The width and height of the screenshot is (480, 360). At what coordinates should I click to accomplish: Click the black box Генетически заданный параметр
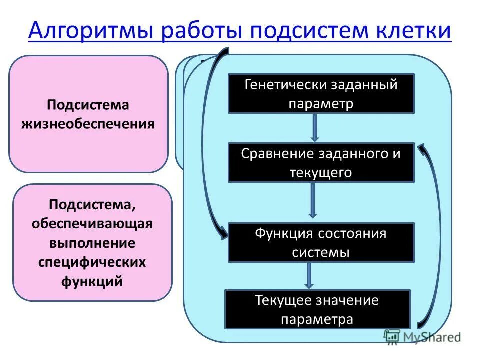pos(321,94)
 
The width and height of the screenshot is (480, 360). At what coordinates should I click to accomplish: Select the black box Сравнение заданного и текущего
pos(321,163)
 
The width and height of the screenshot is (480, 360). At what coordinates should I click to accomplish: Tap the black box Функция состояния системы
pos(321,243)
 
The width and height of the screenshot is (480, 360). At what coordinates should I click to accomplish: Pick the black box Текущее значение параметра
pos(317,309)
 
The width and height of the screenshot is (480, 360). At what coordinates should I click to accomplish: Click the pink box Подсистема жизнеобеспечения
pos(88,114)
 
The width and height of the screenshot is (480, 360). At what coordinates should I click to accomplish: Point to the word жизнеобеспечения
pos(88,123)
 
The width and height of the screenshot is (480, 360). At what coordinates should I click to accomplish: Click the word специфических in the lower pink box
pos(92,262)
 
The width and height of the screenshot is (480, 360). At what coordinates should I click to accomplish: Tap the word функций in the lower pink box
pos(92,281)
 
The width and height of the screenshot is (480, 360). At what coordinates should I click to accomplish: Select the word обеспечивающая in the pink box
pos(92,224)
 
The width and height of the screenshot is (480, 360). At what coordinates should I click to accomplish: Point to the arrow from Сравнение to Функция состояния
pos(313,201)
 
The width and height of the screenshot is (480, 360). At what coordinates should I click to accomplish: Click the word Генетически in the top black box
pos(285,84)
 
